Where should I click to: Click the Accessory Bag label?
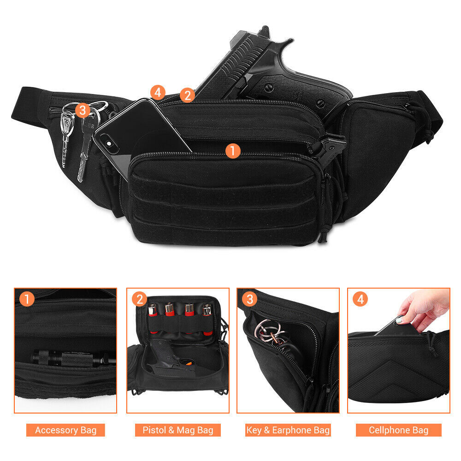65,430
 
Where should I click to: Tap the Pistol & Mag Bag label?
177,430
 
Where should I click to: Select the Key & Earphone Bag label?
288,430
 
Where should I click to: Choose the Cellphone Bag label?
398,430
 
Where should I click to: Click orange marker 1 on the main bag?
233,150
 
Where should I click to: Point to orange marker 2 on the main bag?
187,95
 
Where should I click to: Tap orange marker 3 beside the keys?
83,110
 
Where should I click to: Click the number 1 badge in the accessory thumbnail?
27,300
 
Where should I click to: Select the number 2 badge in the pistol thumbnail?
139,300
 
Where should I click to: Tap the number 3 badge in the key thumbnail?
249,300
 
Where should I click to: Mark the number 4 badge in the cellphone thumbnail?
360,300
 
